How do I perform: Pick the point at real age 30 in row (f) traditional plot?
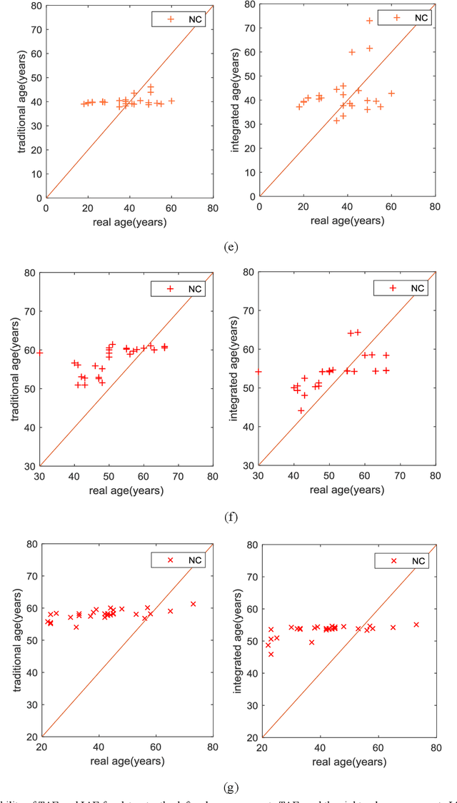[x=40, y=352]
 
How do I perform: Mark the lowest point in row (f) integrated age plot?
[x=301, y=410]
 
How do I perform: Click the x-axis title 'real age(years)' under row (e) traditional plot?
[x=129, y=222]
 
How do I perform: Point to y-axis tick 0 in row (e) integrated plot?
[x=251, y=197]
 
